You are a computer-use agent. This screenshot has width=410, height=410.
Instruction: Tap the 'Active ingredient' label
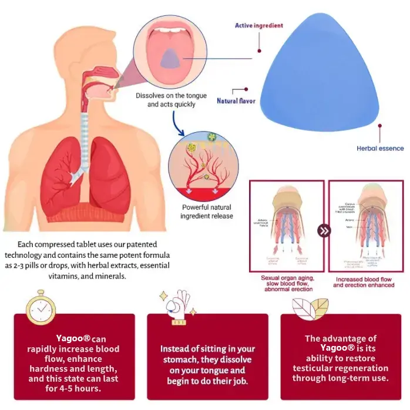click(259, 26)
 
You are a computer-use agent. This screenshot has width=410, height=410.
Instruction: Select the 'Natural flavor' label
click(236, 101)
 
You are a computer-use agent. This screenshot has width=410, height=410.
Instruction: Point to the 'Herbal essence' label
click(379, 149)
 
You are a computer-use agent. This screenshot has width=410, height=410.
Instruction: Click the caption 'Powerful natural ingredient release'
click(207, 211)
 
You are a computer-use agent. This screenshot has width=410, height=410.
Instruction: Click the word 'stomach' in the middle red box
click(179, 359)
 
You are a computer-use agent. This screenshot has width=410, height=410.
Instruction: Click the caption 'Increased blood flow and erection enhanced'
click(365, 281)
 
